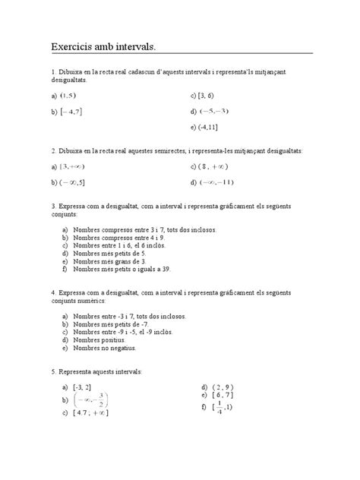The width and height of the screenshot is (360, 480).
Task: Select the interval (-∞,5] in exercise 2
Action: pos(74,182)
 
